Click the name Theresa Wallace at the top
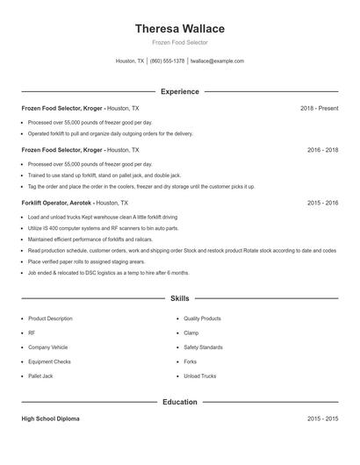[179, 28]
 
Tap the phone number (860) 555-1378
[167, 61]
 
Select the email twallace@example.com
[217, 61]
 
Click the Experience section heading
[179, 91]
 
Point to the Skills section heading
[179, 299]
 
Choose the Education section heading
[179, 402]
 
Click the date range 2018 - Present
[319, 108]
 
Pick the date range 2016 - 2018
[322, 150]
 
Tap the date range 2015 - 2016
[322, 203]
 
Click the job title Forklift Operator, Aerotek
[56, 203]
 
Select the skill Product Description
[50, 318]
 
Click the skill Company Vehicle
[47, 347]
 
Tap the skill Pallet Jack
[40, 376]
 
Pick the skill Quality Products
[202, 318]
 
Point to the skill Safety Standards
[203, 347]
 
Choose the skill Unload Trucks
[199, 376]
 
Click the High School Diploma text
[50, 418]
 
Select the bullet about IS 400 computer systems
[103, 227]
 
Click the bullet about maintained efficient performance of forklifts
[90, 239]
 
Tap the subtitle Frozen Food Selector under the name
[179, 42]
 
